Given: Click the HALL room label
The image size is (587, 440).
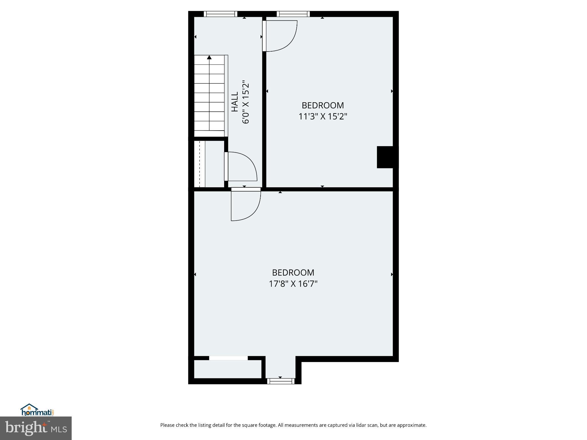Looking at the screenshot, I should pos(235,102).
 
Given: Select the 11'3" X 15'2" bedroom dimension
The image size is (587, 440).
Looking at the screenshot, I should pos(323,117).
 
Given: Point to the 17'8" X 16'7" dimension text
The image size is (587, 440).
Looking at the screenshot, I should pos(293,284).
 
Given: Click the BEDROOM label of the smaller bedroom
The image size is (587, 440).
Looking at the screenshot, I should pos(323,105).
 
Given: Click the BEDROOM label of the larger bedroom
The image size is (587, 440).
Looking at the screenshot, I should pos(293,272).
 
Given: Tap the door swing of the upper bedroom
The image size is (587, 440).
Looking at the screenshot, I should pos(282,36).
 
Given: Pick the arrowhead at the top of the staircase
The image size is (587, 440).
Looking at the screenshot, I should pos(209,57).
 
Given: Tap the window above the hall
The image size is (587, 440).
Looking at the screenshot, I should pos(220,14).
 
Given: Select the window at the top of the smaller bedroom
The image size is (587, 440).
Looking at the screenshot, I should pos(293,14).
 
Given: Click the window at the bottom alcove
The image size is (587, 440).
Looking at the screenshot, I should pos(281,381).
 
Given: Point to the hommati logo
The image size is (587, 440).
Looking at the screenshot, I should pos(37,410).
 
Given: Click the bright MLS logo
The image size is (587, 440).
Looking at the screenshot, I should pos(36,428).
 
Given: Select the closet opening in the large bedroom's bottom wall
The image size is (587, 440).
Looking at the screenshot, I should pos(228,358).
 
